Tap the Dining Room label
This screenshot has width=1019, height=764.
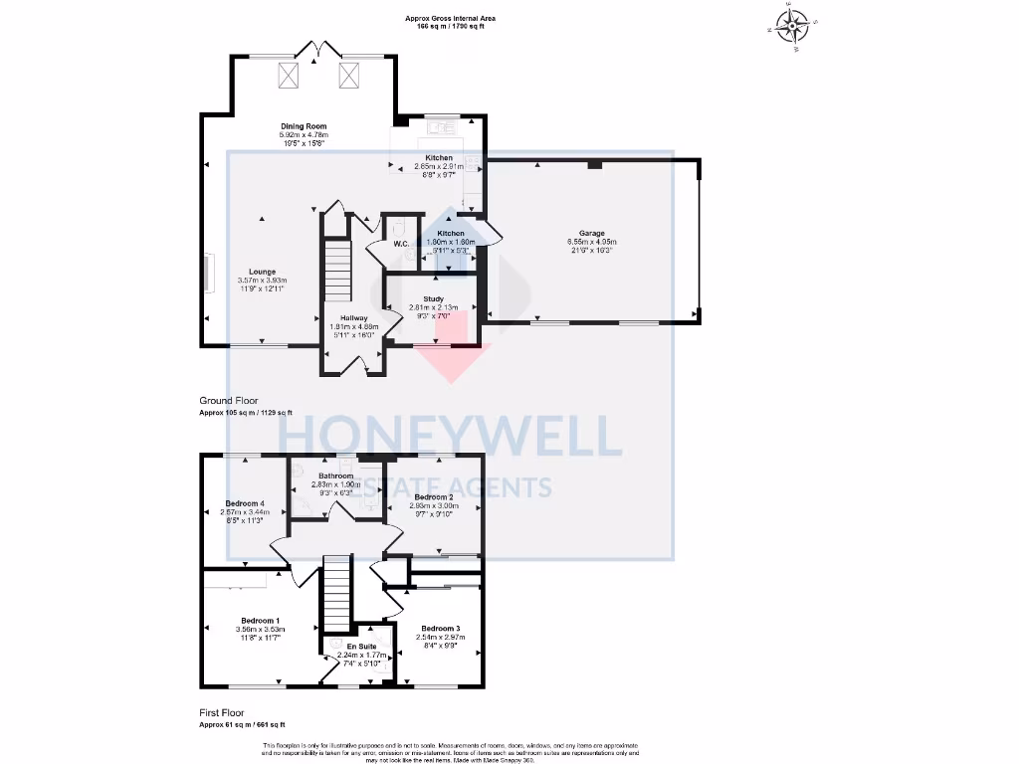click(304, 126)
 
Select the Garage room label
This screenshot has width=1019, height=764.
click(591, 234)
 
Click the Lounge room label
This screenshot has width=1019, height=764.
click(262, 272)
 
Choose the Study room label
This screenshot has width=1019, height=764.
click(432, 297)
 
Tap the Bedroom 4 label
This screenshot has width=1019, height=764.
click(243, 503)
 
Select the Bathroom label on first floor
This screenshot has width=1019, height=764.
click(335, 476)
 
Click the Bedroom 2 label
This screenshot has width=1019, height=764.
click(434, 496)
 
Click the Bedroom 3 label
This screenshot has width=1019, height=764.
click(440, 629)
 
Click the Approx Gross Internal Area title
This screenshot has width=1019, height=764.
click(450, 18)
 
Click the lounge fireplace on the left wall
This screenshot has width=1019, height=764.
click(208, 273)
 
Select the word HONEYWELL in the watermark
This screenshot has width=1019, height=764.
click(450, 438)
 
